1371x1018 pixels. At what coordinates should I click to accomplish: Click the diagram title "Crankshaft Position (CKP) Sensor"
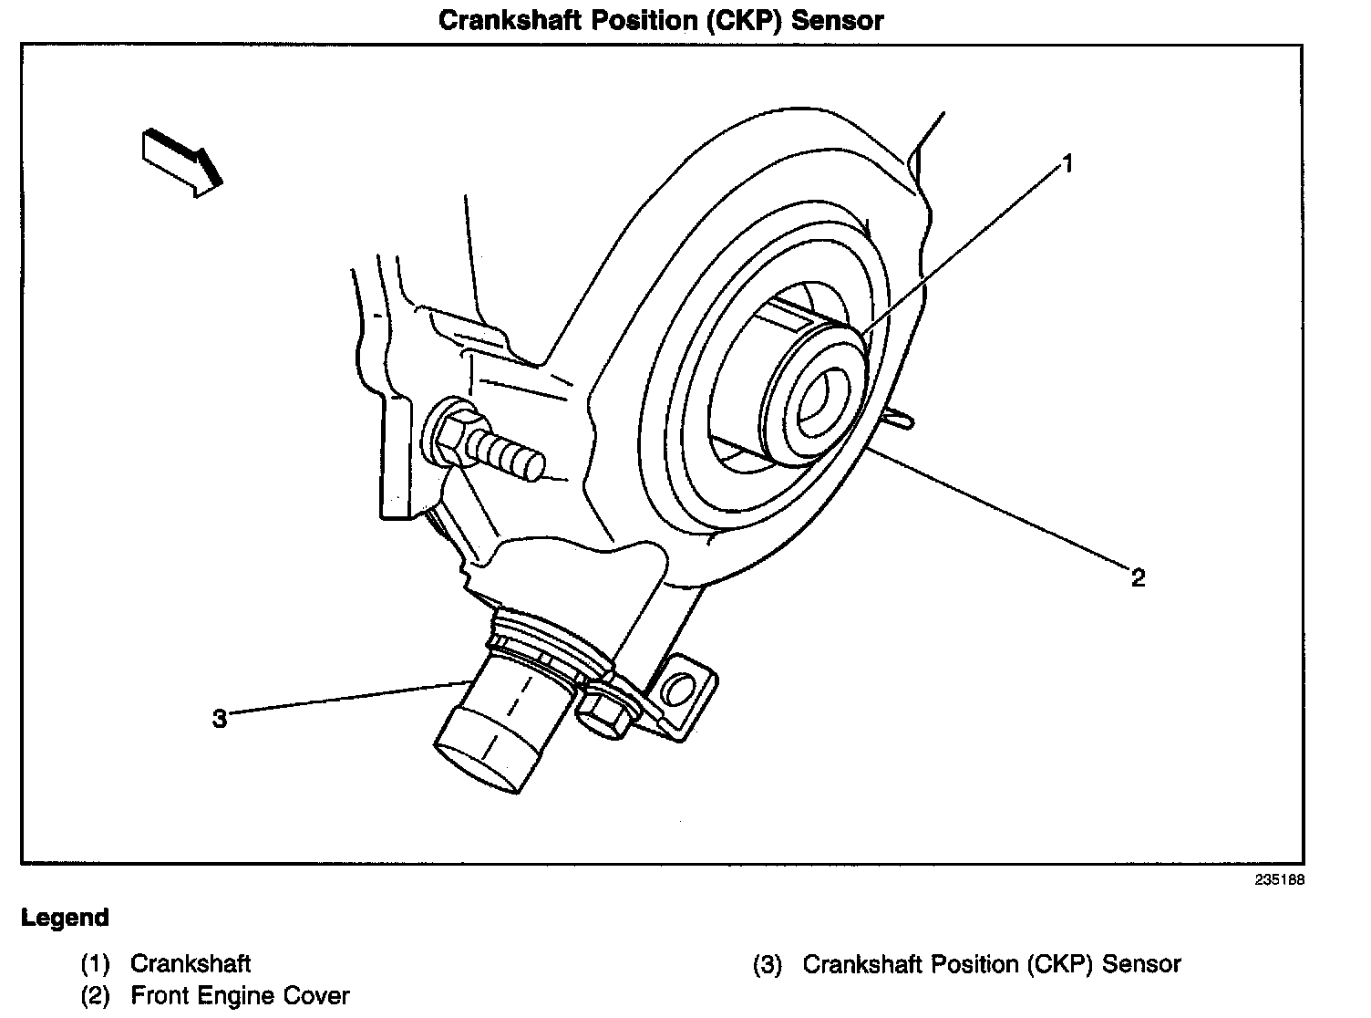pos(661,20)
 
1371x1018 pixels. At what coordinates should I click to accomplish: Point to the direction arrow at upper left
pos(182,161)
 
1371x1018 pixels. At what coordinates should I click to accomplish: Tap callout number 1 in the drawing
pos(1067,164)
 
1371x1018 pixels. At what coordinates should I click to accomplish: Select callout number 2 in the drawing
pos(1138,577)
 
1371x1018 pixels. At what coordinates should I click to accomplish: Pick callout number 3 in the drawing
pos(219,719)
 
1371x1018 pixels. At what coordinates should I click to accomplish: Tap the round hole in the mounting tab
pos(675,689)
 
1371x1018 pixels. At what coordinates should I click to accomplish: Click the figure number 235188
pos(1279,880)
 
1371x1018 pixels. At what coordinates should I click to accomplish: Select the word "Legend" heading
pos(65,917)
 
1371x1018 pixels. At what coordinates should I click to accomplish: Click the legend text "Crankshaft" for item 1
pos(191,963)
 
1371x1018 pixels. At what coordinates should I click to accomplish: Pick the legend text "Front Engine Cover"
pos(240,995)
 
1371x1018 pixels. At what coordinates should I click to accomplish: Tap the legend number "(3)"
pos(768,964)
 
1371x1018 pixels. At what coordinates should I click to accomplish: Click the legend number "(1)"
pos(96,964)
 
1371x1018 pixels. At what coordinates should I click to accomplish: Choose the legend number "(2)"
pos(96,996)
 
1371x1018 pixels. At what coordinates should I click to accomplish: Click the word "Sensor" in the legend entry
pos(1141,963)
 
